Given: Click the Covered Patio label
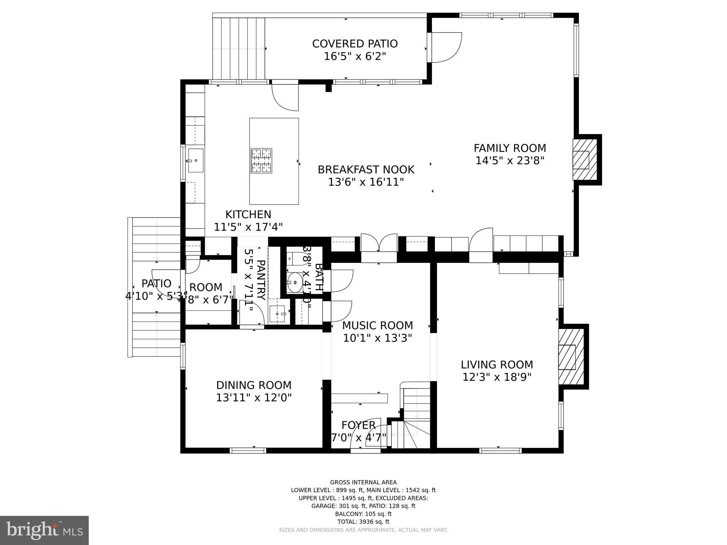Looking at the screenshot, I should [x=355, y=44].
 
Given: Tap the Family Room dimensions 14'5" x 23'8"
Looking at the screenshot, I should [x=509, y=161].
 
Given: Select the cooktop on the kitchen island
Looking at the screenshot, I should [x=261, y=161].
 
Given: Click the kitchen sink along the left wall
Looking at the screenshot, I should [x=195, y=160].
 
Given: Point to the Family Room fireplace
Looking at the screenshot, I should [x=582, y=160].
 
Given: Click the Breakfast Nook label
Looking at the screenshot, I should [x=366, y=170].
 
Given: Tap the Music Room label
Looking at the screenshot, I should [x=377, y=325].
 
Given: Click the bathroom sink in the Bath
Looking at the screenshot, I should [x=294, y=282].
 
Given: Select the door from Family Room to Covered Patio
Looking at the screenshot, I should [x=446, y=47].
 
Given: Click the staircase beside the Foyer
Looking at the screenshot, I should [x=415, y=419].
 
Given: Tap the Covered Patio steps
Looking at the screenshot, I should [x=239, y=49].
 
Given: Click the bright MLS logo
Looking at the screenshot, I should [x=44, y=530].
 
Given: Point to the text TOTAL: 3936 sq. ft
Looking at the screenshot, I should [x=363, y=522].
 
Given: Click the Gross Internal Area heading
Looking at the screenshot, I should [x=363, y=482].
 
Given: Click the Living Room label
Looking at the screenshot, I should [x=497, y=364].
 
